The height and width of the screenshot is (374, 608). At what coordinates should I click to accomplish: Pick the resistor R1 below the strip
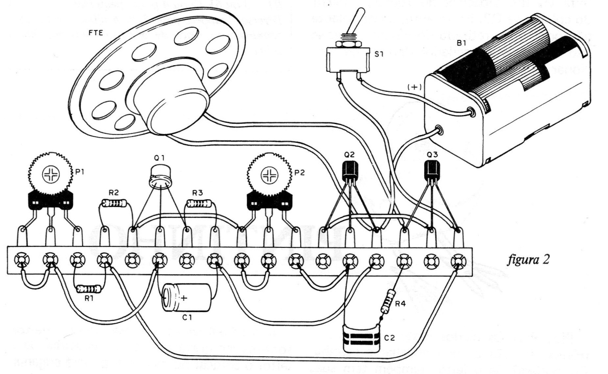pos(89,289)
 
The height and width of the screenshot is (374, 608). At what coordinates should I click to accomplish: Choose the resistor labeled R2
pos(114,203)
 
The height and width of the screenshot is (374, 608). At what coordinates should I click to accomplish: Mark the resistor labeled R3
pos(199,203)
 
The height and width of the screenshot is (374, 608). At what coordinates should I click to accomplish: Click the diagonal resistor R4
pos(388,301)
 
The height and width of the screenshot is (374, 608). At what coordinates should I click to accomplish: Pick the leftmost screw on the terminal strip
pos(22,259)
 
